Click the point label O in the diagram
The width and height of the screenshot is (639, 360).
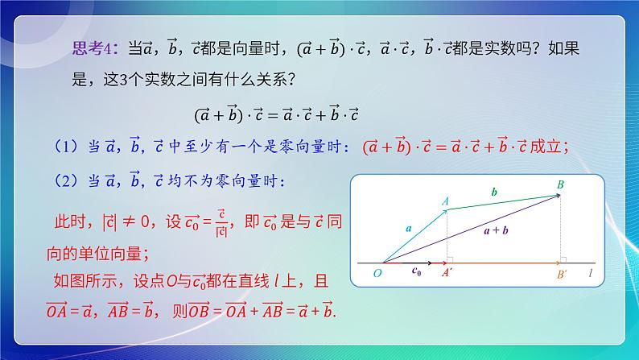click(x=377, y=274)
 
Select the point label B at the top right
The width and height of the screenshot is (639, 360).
click(x=560, y=185)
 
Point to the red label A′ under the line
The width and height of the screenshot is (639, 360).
click(x=446, y=274)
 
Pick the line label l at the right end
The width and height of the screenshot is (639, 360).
click(x=590, y=274)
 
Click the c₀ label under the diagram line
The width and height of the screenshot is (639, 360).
click(x=416, y=272)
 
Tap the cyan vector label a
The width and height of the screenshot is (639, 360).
click(x=408, y=229)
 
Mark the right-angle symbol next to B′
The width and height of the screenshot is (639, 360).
click(x=566, y=259)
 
